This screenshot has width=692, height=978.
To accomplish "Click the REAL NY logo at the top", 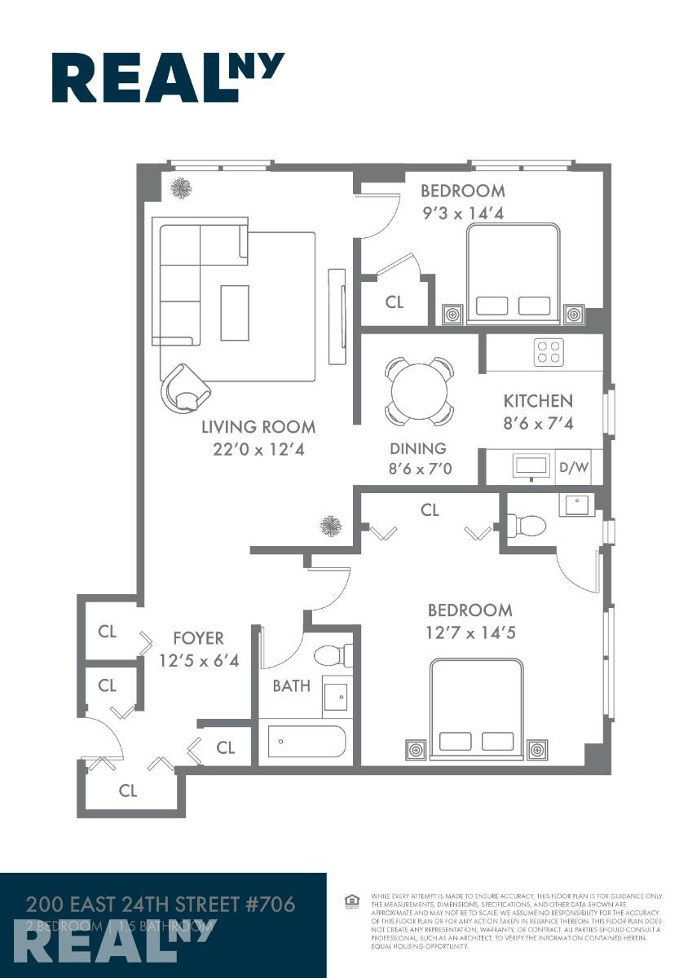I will click(x=168, y=77).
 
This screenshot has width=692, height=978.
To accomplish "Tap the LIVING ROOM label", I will click(x=258, y=427).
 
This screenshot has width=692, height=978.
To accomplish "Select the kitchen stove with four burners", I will click(x=547, y=352).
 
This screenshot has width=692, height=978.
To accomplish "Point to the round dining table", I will click(x=420, y=390).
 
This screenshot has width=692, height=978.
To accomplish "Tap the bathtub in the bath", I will click(x=307, y=742).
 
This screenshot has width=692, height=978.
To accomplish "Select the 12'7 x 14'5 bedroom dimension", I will click(x=470, y=632).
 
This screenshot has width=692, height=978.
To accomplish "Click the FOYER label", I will click(x=198, y=638).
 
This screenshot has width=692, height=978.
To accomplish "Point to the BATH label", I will click(x=291, y=685).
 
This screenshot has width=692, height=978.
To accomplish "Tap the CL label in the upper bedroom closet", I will click(x=394, y=302).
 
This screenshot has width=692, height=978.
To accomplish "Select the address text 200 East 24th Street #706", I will click(x=160, y=904).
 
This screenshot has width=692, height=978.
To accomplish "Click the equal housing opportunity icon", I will click(x=352, y=901).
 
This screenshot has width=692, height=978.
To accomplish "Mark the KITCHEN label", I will click(x=537, y=401).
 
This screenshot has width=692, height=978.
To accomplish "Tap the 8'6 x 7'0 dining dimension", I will click(x=420, y=469).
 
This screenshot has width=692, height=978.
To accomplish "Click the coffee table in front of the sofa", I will click(x=236, y=312).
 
